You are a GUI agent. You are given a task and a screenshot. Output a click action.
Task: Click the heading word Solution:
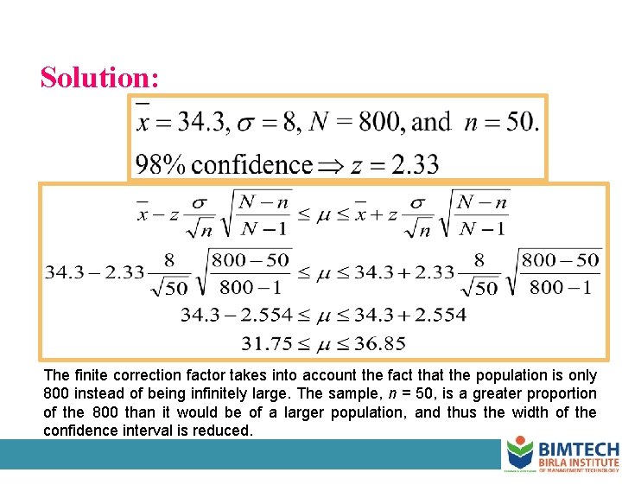coord(99,78)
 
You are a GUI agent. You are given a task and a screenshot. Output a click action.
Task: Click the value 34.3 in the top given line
coord(200,123)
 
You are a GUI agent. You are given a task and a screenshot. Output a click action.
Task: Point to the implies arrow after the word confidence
coord(330,164)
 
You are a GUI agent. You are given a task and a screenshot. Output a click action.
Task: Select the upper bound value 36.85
coord(378,343)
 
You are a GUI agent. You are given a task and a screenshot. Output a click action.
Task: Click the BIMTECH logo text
coord(578,450)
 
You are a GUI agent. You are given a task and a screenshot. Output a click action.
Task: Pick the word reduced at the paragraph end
coord(223,430)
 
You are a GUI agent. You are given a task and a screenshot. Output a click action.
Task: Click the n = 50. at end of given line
coord(501,123)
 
